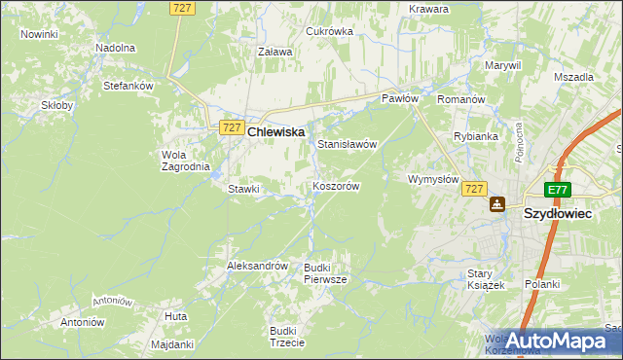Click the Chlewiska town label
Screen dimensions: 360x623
(276, 130)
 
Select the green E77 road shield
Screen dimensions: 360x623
(557, 191)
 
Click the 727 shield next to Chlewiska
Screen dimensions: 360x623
(231, 127)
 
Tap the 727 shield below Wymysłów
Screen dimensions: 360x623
(474, 189)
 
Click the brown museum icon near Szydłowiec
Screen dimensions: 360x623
(497, 204)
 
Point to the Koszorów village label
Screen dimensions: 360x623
(337, 186)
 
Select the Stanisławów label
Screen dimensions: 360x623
(347, 143)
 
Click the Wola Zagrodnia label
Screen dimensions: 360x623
(185, 160)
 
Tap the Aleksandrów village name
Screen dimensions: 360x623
(257, 265)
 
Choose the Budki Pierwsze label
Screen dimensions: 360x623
(324, 272)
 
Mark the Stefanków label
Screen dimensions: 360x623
(129, 86)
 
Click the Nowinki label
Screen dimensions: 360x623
(39, 34)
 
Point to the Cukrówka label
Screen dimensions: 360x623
(329, 31)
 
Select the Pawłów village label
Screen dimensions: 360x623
(399, 98)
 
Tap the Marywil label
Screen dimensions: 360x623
(503, 65)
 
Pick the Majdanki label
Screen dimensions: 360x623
(173, 344)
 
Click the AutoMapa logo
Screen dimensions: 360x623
(557, 341)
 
